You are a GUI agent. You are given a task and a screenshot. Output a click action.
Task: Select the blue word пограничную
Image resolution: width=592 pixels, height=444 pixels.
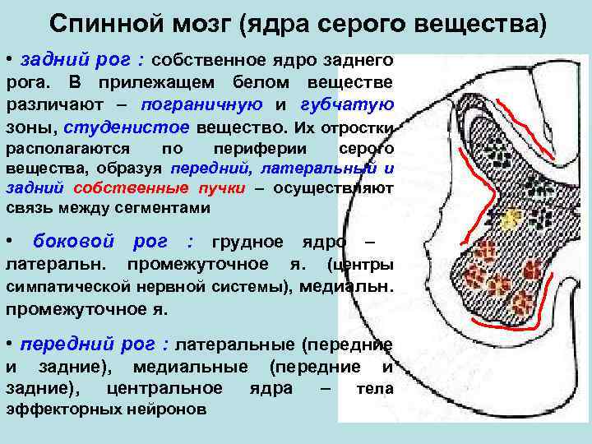(201, 105)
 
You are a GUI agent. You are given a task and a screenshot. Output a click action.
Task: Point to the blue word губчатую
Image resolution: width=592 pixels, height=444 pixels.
(347, 105)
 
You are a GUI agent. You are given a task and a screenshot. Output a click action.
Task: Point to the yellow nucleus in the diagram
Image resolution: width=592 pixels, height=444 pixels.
(511, 218)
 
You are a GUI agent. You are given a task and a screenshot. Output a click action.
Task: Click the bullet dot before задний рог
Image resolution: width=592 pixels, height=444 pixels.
(10, 60)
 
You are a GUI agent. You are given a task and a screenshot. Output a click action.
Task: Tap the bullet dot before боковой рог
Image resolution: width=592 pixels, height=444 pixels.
(10, 242)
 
